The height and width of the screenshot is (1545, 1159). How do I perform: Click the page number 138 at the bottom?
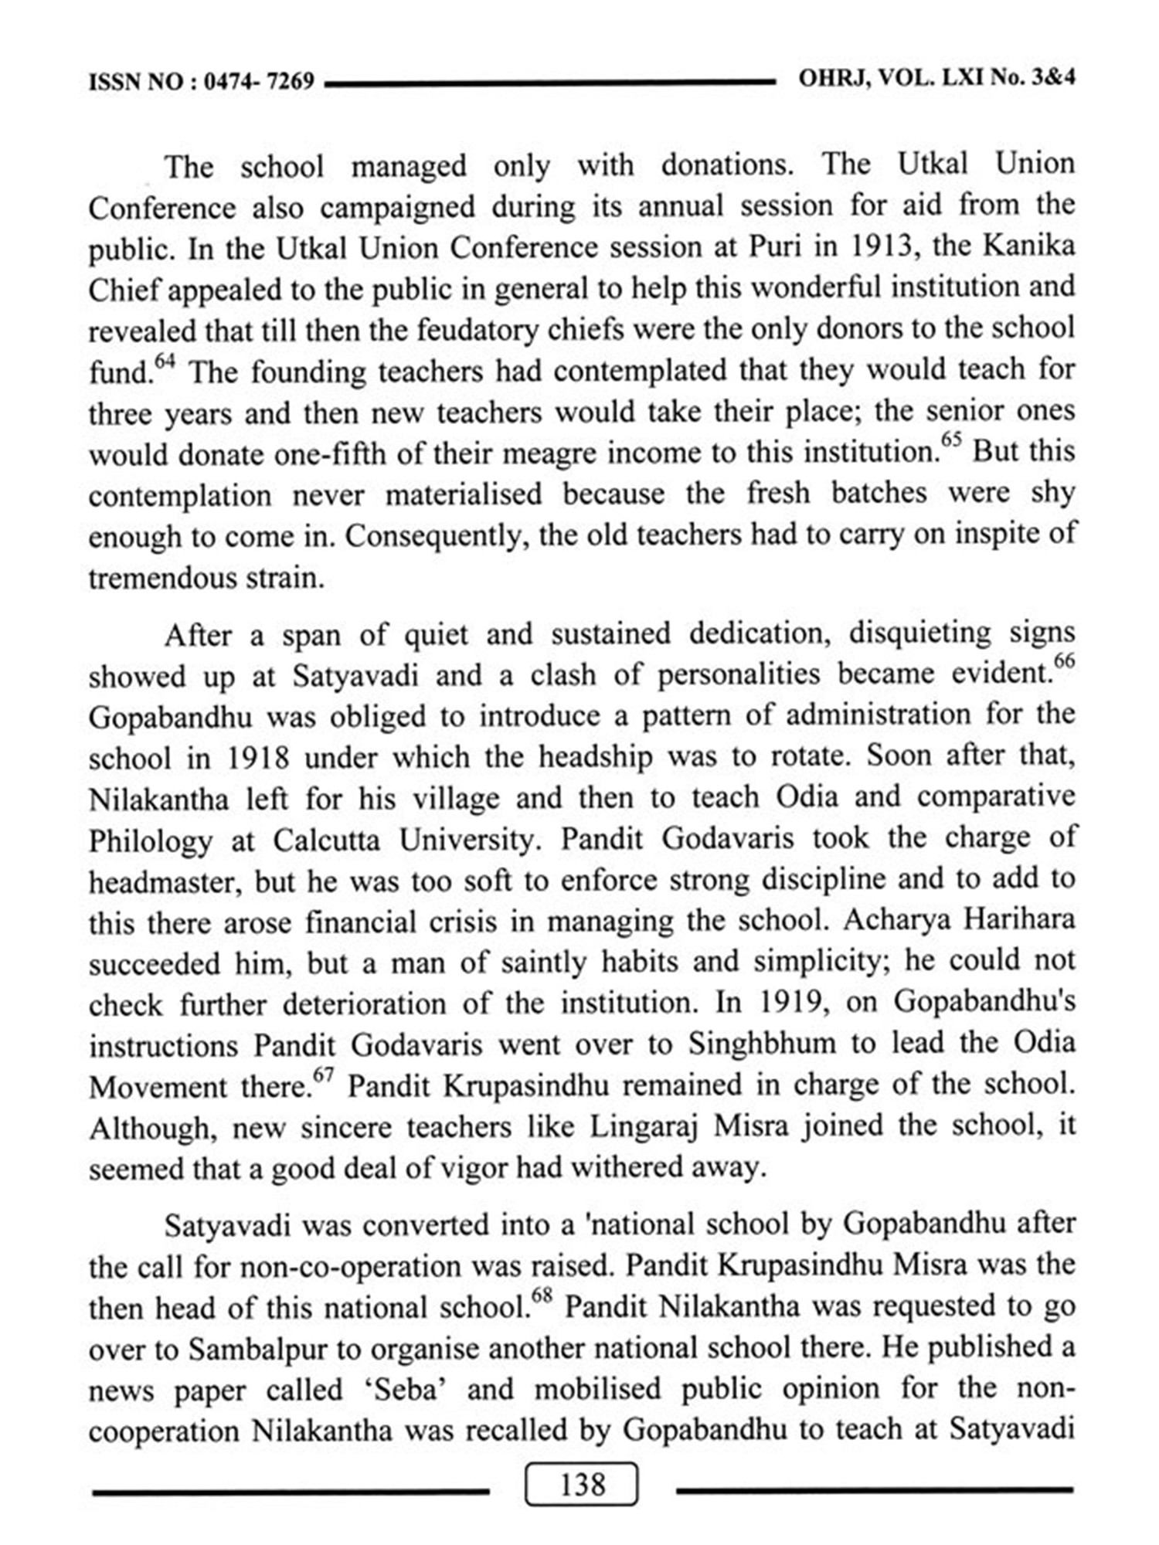(x=582, y=1485)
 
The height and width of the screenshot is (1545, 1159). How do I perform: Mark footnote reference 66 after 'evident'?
(x=1064, y=662)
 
